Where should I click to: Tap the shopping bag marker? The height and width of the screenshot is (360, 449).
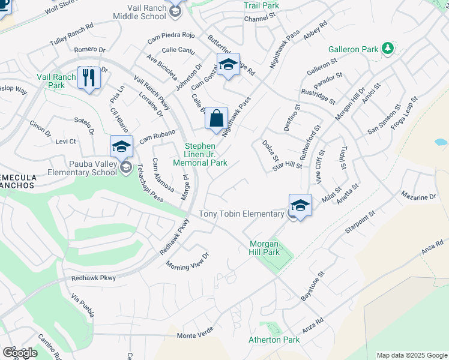click(x=217, y=118)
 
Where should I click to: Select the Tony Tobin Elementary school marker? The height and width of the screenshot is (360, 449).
click(x=300, y=204)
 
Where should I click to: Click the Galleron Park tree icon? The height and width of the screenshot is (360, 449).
click(x=388, y=48)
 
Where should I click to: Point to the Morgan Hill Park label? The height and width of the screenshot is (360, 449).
click(x=265, y=248)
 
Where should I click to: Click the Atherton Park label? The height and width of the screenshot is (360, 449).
click(x=274, y=340)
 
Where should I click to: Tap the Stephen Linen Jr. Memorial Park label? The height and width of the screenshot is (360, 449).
click(x=200, y=154)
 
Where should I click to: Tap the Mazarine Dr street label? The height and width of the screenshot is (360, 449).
click(x=418, y=197)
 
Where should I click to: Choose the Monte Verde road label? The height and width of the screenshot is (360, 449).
click(x=195, y=335)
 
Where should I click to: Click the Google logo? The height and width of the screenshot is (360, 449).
click(x=19, y=352)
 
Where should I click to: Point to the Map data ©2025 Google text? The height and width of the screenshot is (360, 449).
click(x=411, y=355)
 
